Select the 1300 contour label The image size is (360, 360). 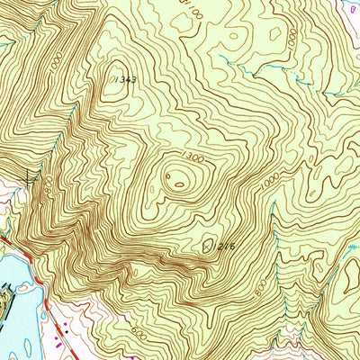point(190,158)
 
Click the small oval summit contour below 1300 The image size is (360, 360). point(180,184)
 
